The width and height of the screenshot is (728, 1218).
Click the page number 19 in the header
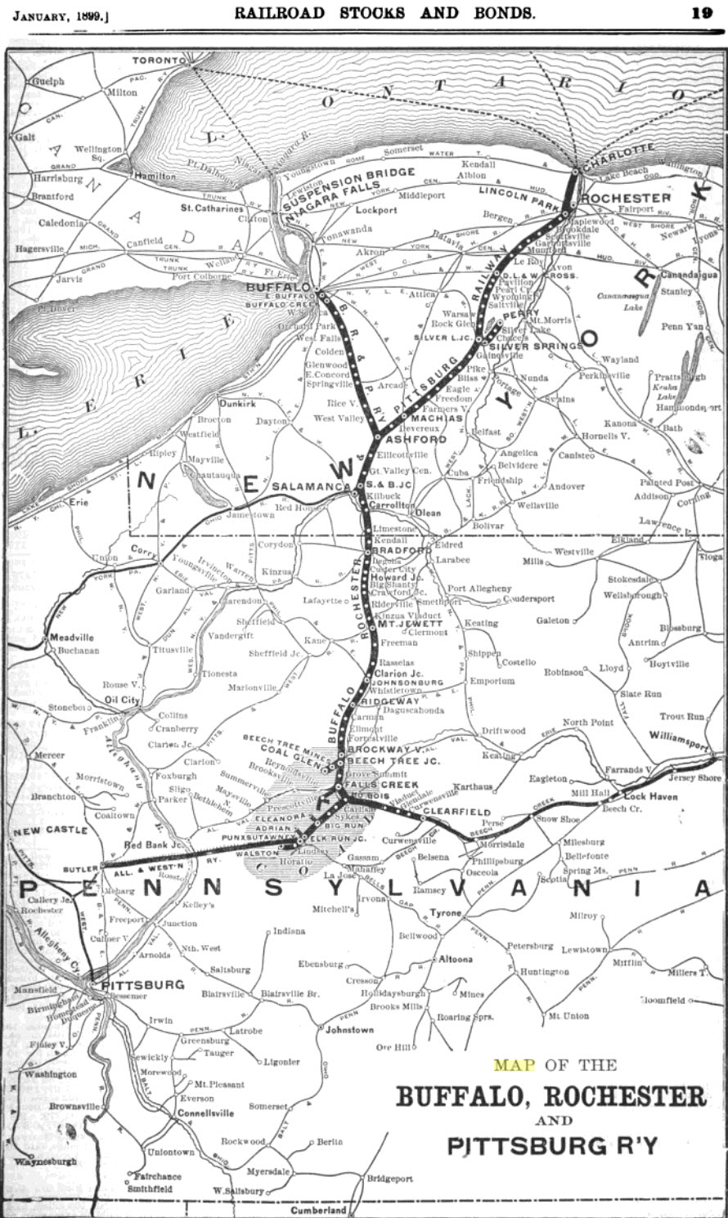701,13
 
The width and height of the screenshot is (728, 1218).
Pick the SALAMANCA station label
311,486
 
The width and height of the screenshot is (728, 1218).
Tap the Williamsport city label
678,736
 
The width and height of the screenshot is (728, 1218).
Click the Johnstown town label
349,1030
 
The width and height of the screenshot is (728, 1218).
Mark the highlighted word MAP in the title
513,1065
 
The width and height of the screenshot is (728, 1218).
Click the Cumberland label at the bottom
317,1210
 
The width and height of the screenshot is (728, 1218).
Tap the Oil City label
122,700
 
